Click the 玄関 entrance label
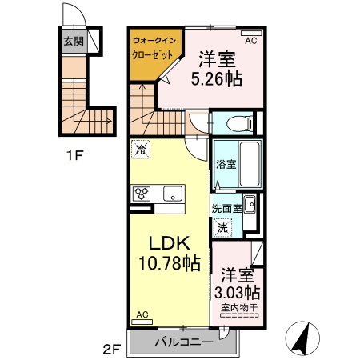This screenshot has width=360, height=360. click(74, 41)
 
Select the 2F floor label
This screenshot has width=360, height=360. click(111, 348)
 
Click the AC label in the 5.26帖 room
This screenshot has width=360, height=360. click(250, 40)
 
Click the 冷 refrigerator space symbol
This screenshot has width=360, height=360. click(141, 148)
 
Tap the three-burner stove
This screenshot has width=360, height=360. click(143, 193)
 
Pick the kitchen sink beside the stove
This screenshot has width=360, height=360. click(172, 193)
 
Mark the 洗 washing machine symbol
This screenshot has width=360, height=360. click(222, 226)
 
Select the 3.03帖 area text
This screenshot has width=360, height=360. click(240, 291)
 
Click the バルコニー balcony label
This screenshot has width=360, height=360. click(183, 342)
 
